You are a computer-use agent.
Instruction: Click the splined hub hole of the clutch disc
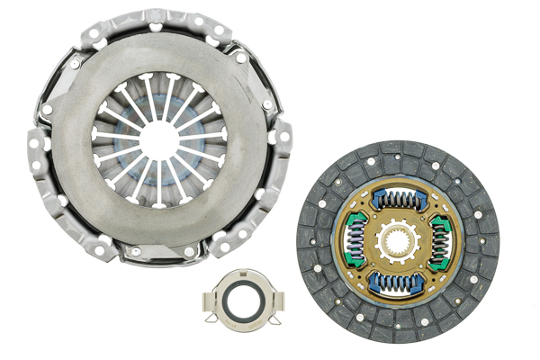coord(397,241)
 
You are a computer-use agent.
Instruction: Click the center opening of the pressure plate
coord(160,139)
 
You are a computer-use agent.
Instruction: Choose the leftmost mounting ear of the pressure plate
coord(37,148)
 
